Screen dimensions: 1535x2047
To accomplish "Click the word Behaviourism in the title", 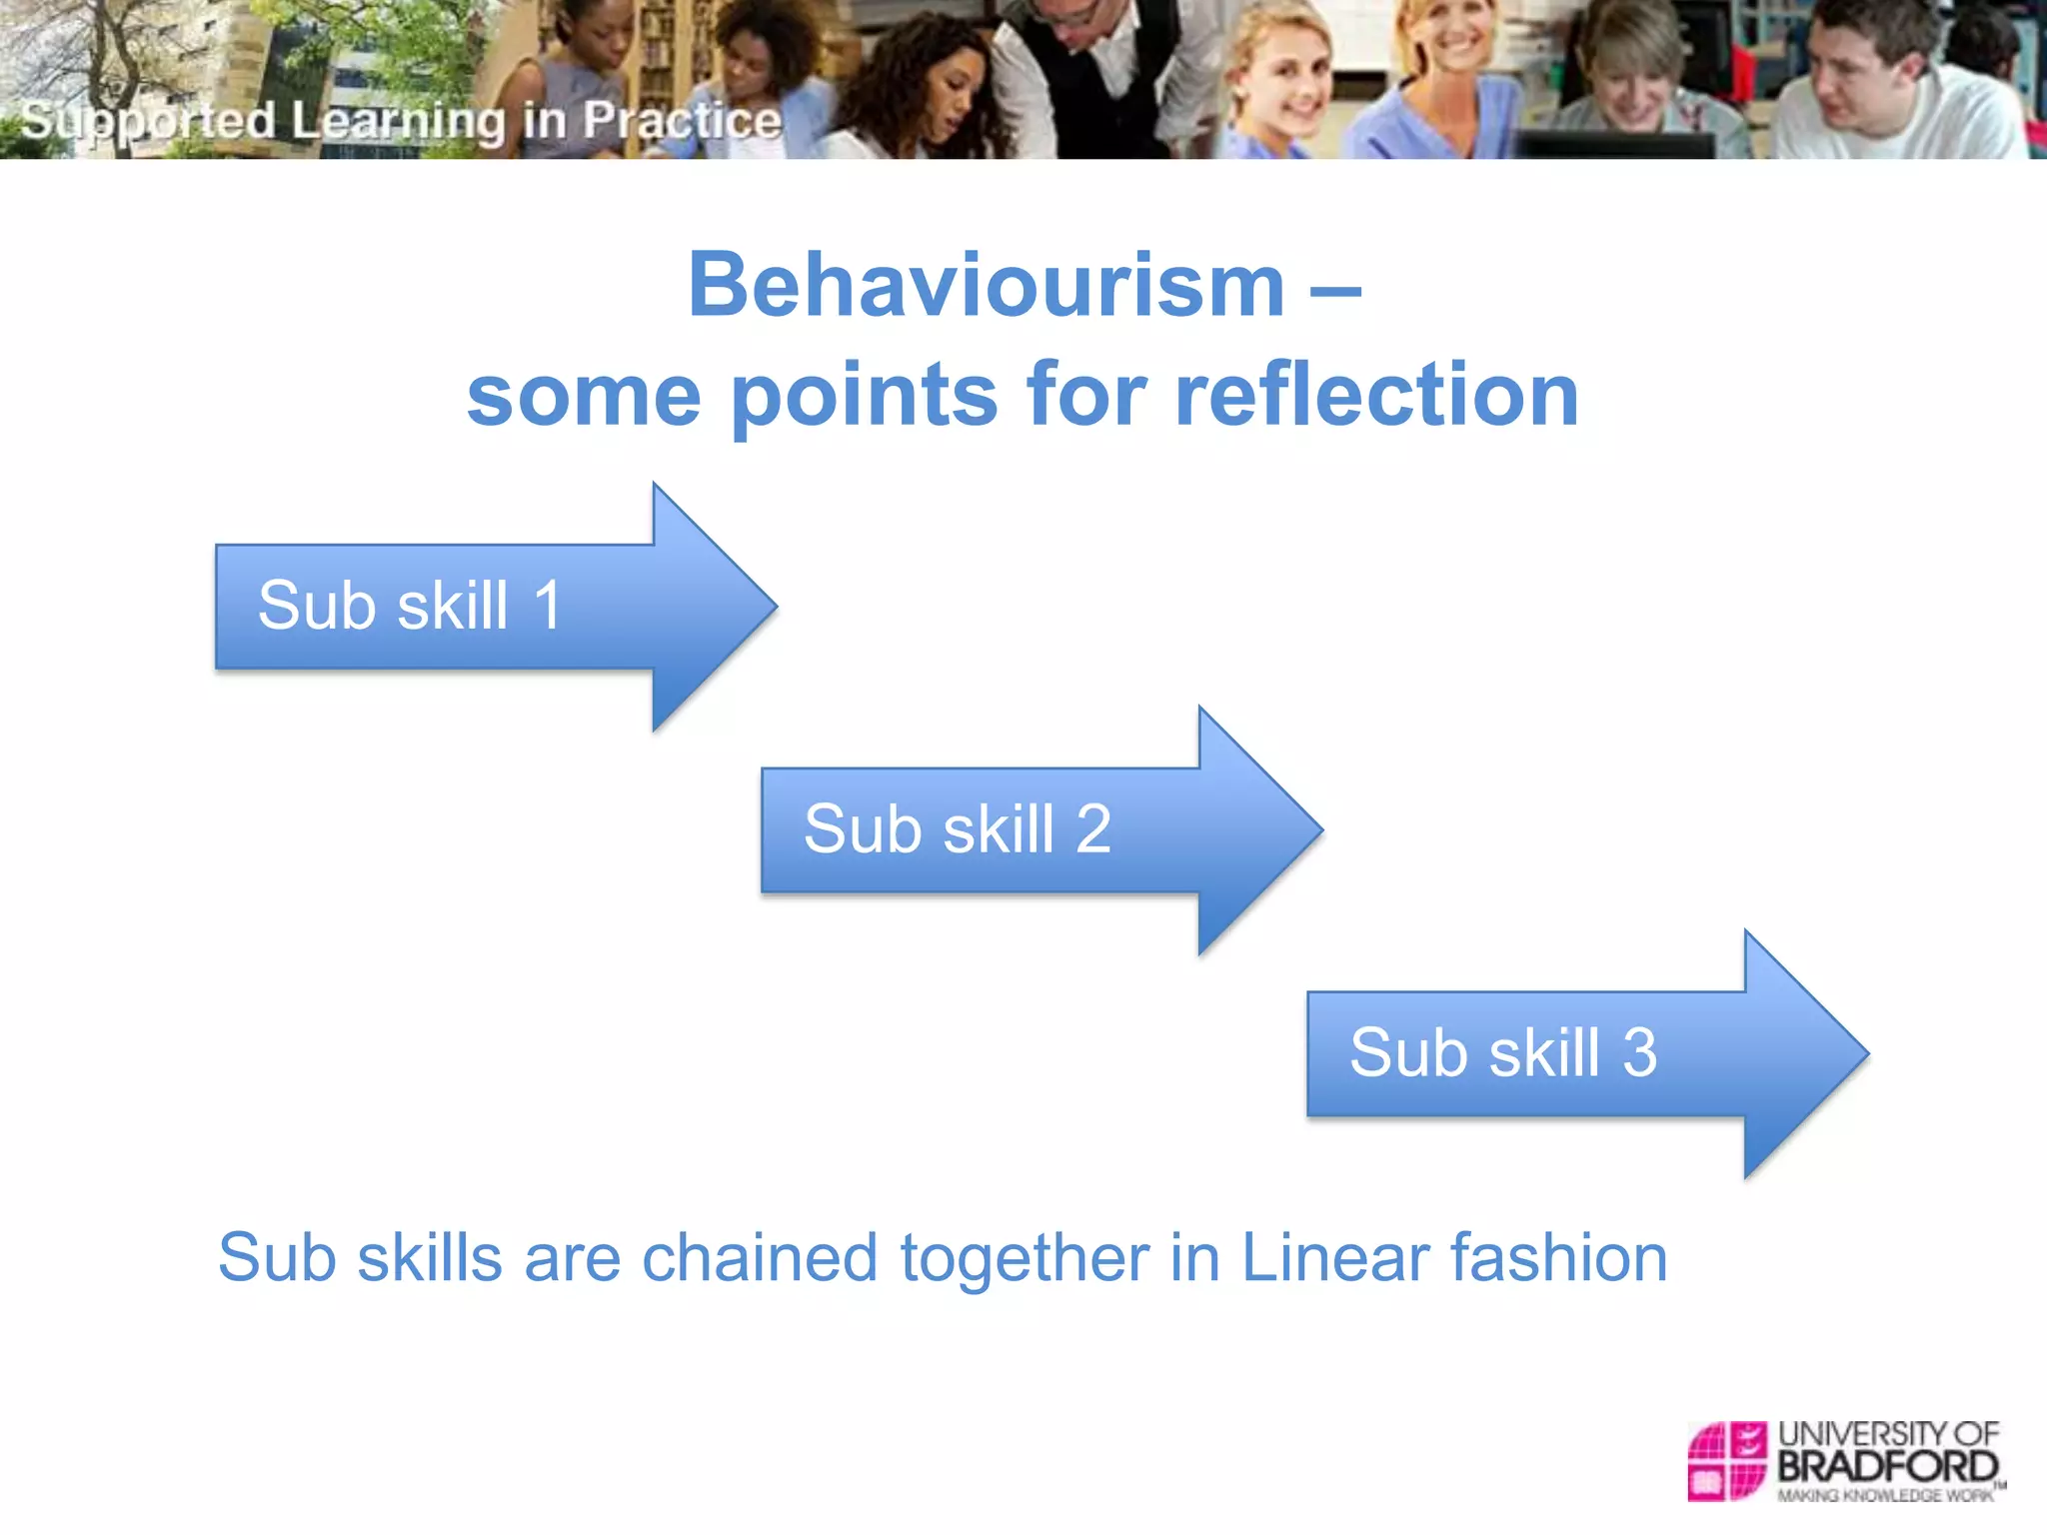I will click(986, 287).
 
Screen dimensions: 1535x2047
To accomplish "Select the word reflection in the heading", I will click(1376, 395).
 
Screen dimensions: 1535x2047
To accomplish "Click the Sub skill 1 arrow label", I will click(410, 606).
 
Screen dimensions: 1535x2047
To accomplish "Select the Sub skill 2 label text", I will click(957, 829).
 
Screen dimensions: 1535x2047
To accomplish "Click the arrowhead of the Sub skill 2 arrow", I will click(1259, 829).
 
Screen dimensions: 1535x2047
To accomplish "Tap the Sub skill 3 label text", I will click(1502, 1052).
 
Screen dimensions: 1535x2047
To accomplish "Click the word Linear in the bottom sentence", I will click(1334, 1257).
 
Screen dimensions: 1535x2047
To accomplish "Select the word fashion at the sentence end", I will click(1559, 1257).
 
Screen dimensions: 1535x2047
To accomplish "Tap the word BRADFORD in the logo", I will click(1887, 1467).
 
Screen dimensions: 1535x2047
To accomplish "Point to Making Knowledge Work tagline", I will click(1885, 1495).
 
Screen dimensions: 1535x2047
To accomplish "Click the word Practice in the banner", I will click(682, 121).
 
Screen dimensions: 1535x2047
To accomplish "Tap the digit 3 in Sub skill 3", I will click(1639, 1052).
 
